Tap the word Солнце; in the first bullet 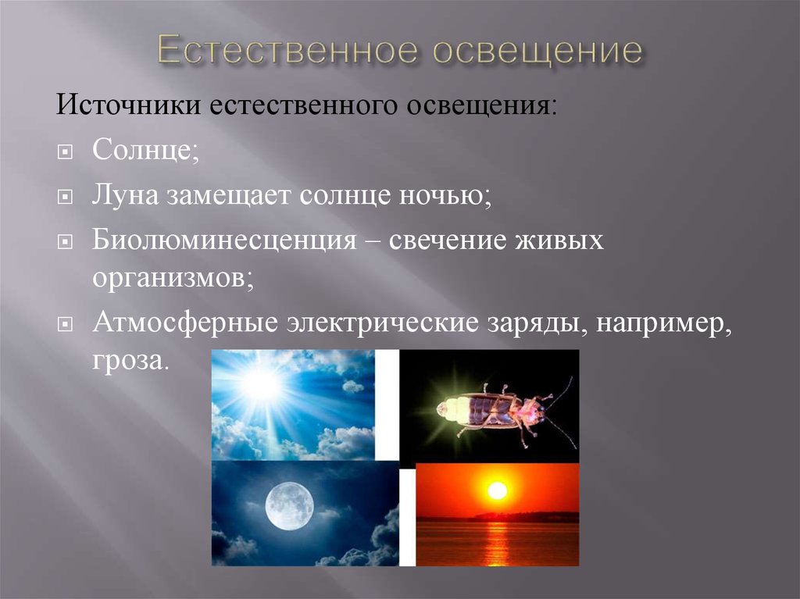[x=146, y=149]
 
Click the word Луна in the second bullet [x=125, y=194]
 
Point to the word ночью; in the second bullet [x=445, y=195]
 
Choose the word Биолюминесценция [x=224, y=240]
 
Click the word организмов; [x=173, y=279]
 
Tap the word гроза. [x=130, y=362]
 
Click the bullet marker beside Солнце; [x=65, y=152]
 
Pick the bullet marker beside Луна [x=65, y=197]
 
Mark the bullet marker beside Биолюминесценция [x=65, y=241]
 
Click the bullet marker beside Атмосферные [x=65, y=325]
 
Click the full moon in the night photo [x=289, y=506]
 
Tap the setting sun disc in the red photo [x=497, y=490]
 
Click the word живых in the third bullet [x=559, y=241]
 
